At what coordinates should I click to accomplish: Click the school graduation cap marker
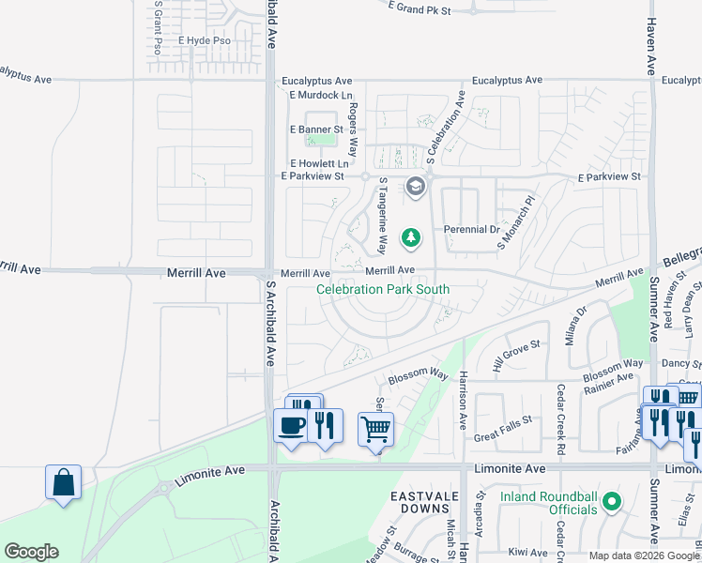point(415,188)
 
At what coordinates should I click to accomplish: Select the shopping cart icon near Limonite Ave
point(375,429)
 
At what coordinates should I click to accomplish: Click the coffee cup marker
point(290,425)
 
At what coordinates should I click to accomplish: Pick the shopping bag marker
point(63,482)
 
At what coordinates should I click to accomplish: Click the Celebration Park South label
point(383,290)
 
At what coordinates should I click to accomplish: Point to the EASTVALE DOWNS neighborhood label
point(421,501)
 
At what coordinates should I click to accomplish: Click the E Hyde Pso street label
point(204,41)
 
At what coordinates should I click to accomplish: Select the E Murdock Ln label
point(321,96)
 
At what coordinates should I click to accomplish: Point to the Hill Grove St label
point(518,357)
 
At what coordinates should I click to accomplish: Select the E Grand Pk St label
point(420,8)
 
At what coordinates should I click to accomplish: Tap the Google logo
point(31,552)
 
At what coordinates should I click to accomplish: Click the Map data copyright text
point(643,555)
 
